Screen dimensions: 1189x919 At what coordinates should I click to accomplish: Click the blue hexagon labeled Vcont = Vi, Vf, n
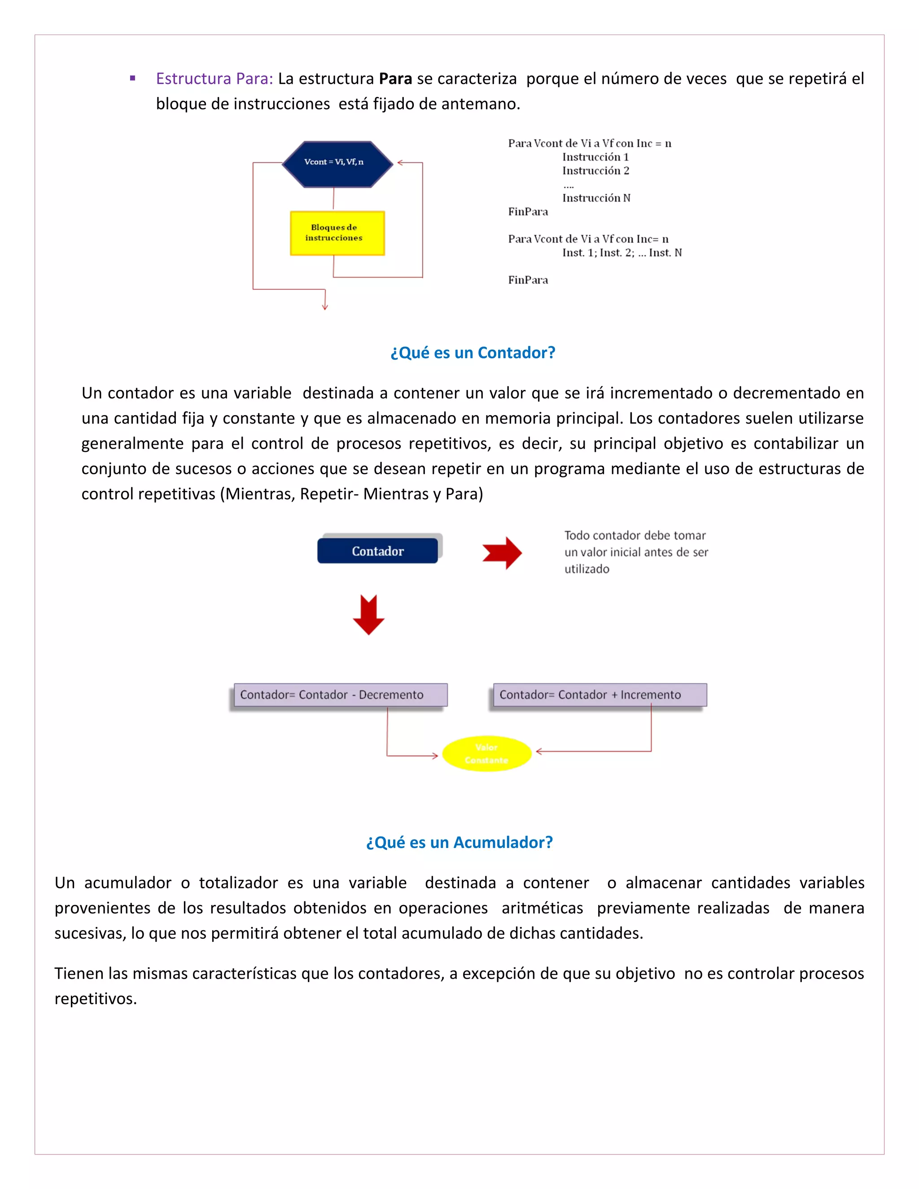[x=337, y=164]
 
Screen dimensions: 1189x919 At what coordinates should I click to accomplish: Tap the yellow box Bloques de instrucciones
[x=337, y=233]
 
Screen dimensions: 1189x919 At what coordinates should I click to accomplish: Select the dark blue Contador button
[x=377, y=551]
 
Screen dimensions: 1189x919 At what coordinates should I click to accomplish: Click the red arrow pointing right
[x=502, y=553]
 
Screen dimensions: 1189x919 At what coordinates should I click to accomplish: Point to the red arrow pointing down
[x=368, y=615]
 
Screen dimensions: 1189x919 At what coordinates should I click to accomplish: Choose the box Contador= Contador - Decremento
[x=340, y=695]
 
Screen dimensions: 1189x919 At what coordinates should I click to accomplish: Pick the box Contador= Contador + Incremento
[x=600, y=695]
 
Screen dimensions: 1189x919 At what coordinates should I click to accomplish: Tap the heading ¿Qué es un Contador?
[x=473, y=353]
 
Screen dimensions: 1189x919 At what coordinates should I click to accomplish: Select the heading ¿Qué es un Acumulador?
[x=459, y=842]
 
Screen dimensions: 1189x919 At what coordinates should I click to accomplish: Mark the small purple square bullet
[x=132, y=79]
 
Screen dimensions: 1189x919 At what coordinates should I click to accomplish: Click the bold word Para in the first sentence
[x=395, y=79]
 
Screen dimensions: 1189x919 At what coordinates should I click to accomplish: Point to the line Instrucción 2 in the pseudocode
[x=595, y=171]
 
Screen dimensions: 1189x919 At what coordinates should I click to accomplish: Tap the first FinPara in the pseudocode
[x=528, y=212]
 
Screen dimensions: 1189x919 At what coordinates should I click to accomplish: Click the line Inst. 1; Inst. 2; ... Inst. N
[x=622, y=253]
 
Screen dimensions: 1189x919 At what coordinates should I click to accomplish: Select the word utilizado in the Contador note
[x=586, y=569]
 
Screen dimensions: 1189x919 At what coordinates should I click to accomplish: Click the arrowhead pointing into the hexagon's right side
[x=401, y=162]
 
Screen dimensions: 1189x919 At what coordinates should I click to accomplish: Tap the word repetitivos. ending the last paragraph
[x=95, y=998]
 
